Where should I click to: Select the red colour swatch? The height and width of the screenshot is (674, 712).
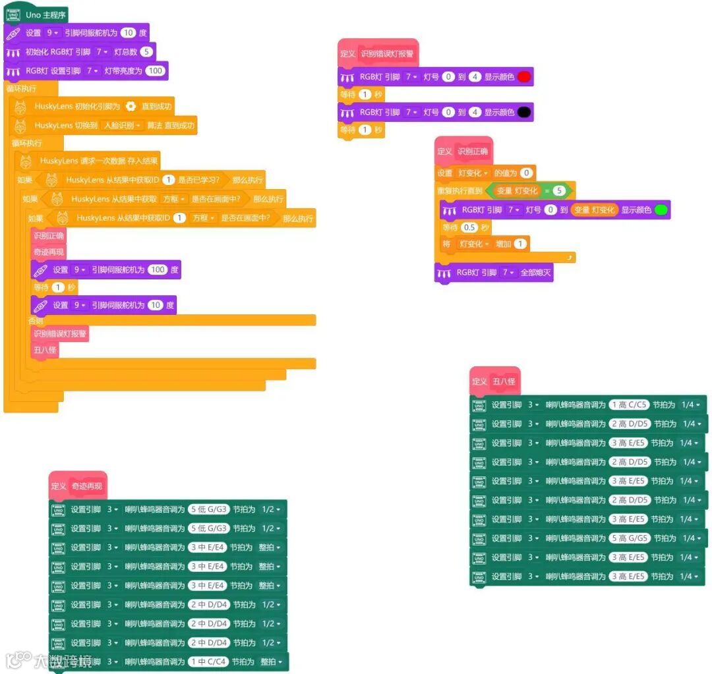coord(524,77)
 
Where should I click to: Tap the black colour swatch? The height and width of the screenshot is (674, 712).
coord(524,113)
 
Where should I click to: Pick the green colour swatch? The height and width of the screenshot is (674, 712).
coord(661,210)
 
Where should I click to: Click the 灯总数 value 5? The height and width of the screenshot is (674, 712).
coord(146,52)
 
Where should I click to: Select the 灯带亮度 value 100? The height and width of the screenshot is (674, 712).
coord(155,71)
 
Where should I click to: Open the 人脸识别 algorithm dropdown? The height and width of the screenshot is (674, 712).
coord(123,125)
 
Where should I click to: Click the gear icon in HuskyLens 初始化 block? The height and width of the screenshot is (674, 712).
coord(131,106)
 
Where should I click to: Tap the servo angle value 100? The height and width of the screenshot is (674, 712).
coord(158,269)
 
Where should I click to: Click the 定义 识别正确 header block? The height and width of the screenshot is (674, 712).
coord(464,152)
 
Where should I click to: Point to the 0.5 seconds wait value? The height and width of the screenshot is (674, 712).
coord(469,227)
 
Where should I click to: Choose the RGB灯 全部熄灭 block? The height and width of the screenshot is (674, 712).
coord(494,272)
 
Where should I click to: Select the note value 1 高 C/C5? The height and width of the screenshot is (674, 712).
coord(628,405)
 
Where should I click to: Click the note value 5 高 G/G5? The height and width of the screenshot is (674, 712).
coord(628,538)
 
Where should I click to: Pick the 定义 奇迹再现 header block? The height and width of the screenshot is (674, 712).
coord(77,486)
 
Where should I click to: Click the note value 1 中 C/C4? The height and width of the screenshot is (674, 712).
coord(207,661)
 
